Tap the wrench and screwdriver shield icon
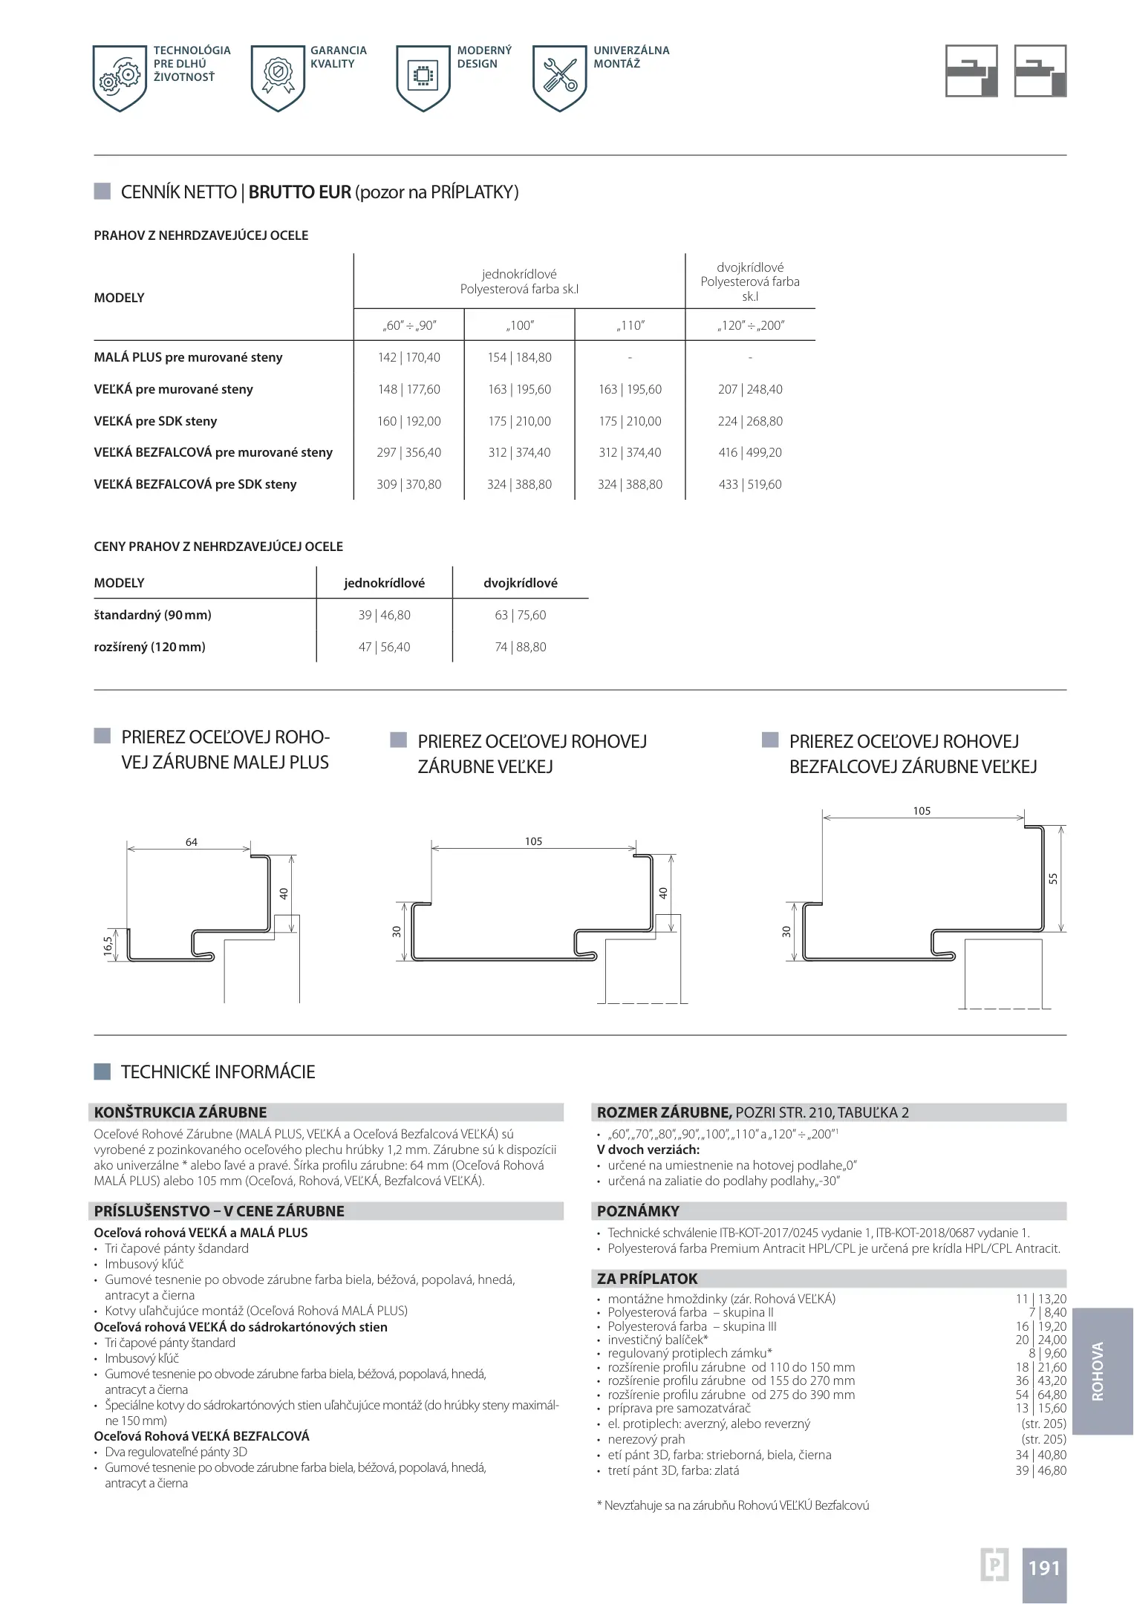point(560,78)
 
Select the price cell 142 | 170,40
point(408,357)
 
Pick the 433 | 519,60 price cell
point(750,484)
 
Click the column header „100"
point(519,325)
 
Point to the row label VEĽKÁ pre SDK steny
point(155,421)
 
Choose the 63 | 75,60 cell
point(520,615)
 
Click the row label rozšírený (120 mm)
point(149,647)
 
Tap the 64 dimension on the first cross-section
point(192,841)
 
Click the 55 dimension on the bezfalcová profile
point(1052,878)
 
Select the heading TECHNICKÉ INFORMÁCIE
point(218,1072)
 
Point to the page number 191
point(1043,1568)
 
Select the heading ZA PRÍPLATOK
point(648,1279)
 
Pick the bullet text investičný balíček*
point(657,1340)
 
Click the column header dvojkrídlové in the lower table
point(520,583)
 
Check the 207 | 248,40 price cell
point(750,389)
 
